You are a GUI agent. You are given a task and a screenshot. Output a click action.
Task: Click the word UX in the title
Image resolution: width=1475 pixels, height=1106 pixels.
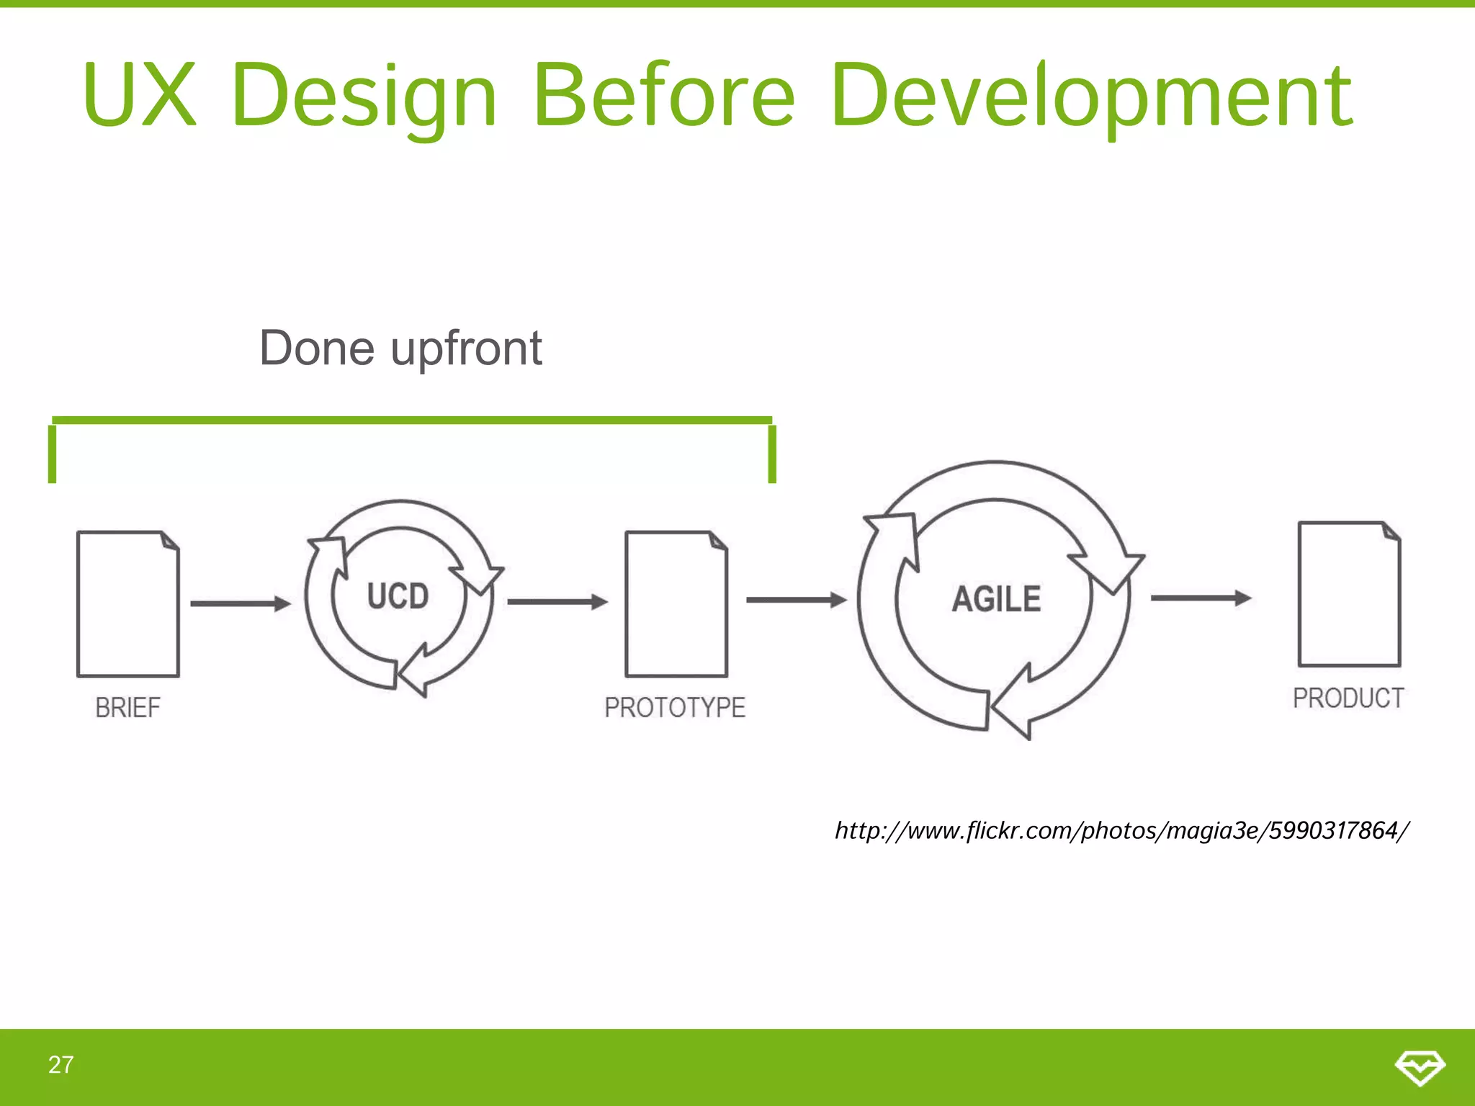pos(140,96)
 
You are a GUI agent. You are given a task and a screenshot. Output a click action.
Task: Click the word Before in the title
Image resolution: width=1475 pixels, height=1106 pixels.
pos(663,96)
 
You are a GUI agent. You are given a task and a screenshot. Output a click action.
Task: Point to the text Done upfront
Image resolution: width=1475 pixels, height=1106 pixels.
pos(400,349)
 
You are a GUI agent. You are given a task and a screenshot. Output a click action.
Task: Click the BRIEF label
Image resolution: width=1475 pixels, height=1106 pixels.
pos(128,708)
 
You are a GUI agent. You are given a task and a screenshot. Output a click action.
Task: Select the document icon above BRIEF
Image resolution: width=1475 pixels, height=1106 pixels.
pos(128,603)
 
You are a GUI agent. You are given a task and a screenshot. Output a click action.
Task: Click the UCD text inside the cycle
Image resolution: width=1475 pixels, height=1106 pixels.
pos(398,597)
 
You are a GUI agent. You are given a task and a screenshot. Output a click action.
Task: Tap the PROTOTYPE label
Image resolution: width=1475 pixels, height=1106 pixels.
pos(675,708)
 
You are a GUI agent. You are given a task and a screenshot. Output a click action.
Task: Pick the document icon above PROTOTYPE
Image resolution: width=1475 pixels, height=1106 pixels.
pos(676,603)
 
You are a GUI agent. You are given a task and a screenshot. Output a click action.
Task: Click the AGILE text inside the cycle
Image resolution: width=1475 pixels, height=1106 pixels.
pos(996,599)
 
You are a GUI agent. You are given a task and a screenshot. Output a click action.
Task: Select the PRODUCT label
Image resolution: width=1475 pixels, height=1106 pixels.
pos(1348,698)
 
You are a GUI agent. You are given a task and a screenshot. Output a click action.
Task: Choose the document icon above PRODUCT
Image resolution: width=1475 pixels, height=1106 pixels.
pos(1349,594)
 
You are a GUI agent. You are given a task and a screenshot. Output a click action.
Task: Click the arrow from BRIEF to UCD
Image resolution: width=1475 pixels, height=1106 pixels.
pos(240,603)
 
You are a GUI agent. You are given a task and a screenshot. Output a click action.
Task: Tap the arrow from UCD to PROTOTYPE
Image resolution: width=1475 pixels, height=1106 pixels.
pos(557,602)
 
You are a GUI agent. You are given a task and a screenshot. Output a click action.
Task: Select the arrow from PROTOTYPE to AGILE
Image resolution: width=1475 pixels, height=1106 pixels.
pos(796,599)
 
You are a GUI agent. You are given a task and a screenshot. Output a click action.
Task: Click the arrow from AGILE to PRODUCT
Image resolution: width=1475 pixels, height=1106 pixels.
pos(1201,598)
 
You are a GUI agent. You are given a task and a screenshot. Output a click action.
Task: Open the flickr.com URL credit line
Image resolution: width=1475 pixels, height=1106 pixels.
pos(1121,831)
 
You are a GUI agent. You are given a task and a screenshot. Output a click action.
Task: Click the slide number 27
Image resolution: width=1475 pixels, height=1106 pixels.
pos(61,1065)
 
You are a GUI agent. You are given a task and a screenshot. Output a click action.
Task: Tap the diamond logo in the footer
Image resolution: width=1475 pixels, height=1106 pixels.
pos(1420,1067)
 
